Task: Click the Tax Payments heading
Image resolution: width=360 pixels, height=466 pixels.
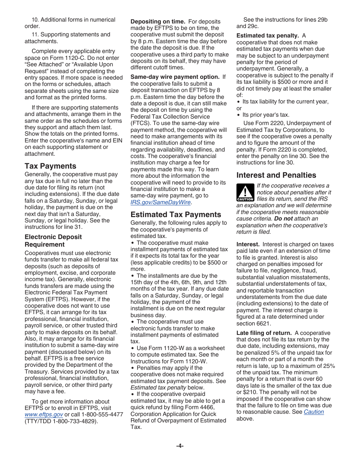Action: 50,166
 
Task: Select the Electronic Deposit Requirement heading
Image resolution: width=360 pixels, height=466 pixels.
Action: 53,241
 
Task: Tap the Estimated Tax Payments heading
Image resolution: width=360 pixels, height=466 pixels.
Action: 176,214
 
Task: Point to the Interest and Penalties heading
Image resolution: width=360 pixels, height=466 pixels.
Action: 276,175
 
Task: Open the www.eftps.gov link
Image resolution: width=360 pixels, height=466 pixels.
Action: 44,415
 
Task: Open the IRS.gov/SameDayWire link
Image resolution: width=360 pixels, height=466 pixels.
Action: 160,202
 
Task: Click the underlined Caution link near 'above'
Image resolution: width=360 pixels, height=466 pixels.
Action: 314,412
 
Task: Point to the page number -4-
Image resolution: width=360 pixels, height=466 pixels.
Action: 180,446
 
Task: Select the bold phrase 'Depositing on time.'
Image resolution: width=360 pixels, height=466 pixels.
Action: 158,22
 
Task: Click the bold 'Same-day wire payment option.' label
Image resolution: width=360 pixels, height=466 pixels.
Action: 175,77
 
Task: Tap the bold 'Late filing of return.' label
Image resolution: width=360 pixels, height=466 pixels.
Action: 264,333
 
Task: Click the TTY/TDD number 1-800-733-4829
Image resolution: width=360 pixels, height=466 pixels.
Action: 74,421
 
